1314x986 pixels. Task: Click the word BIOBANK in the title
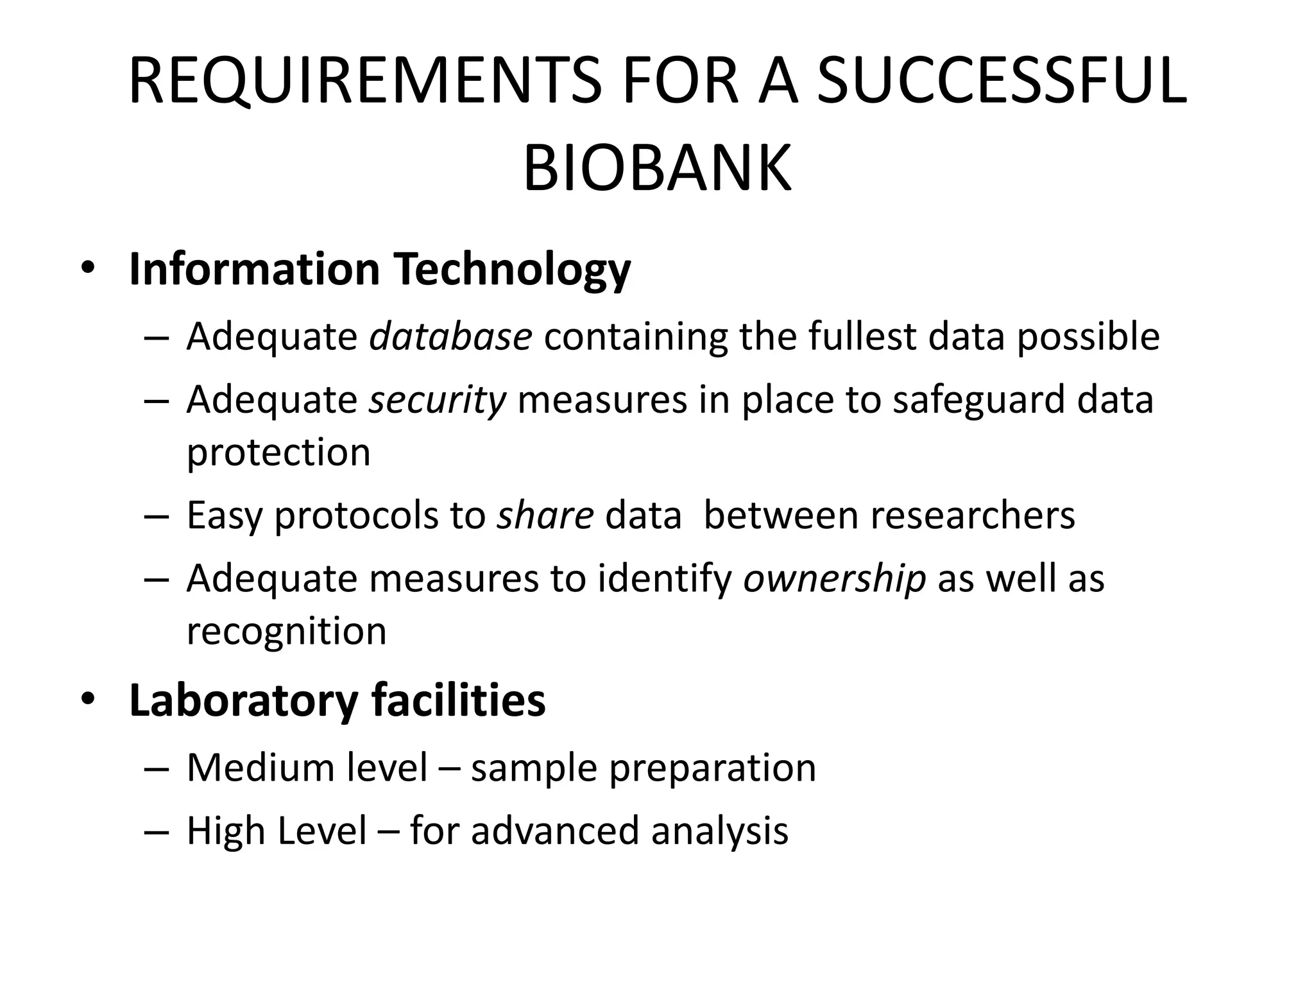[x=657, y=169]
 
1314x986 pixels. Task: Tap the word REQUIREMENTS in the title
[x=365, y=82]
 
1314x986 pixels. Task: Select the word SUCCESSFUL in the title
[x=1002, y=82]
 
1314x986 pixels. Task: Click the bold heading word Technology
[x=512, y=270]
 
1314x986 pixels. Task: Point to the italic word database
[x=450, y=336]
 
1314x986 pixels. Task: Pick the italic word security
[x=438, y=399]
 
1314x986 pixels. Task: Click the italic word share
[x=545, y=515]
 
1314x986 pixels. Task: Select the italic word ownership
[x=834, y=578]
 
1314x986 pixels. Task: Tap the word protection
[x=278, y=452]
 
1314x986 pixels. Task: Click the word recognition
[x=286, y=631]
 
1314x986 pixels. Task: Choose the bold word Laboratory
[x=243, y=701]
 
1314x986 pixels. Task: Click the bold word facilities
[x=458, y=700]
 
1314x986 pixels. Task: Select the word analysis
[x=719, y=831]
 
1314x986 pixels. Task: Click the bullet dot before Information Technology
[x=87, y=269]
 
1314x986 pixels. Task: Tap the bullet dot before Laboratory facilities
[x=87, y=699]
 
